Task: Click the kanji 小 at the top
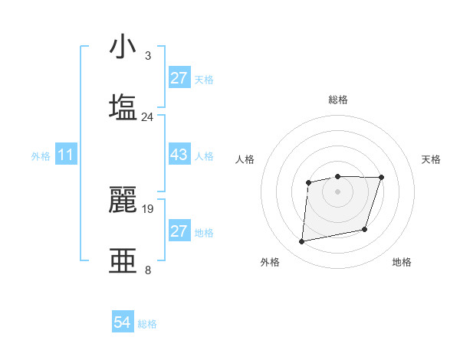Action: pos(123,47)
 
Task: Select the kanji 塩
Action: pos(123,106)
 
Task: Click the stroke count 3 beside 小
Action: pos(147,57)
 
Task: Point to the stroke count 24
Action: pos(148,116)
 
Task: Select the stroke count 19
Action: pos(148,208)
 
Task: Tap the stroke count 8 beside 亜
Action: pos(147,270)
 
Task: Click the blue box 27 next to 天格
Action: pos(179,78)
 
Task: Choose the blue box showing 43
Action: pos(179,155)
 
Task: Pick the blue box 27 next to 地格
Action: pos(179,231)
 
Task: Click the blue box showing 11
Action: pos(66,155)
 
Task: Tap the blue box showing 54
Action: pos(123,323)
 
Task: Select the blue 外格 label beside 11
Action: pos(41,156)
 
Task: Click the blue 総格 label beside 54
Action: pos(147,324)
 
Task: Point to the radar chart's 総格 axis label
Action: pos(337,100)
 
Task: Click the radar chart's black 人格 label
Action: pos(245,159)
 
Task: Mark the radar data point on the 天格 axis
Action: pos(382,178)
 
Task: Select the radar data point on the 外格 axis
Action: pos(302,242)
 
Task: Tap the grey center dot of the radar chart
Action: pos(337,191)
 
